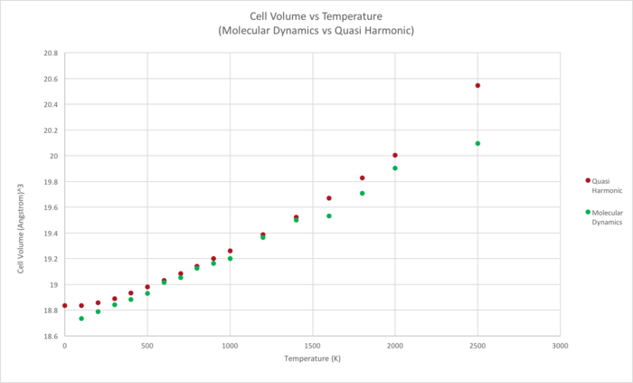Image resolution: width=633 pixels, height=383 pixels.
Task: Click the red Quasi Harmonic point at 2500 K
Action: (x=477, y=86)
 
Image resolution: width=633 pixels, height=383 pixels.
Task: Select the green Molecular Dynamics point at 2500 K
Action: (x=477, y=143)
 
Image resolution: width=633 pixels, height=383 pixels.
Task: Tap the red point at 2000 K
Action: (x=395, y=155)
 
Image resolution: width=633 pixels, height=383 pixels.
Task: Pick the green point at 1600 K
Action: (x=329, y=215)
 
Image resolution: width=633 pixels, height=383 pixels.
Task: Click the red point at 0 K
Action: (x=65, y=305)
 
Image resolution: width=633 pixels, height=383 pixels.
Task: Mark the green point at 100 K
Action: (x=81, y=319)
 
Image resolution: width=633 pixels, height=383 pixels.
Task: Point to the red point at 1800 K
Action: (x=362, y=177)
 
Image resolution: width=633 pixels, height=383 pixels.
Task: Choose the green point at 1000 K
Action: (x=231, y=258)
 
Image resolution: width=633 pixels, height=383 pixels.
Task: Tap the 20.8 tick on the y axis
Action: (x=50, y=53)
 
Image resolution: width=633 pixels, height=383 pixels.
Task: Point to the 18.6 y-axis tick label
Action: (x=50, y=336)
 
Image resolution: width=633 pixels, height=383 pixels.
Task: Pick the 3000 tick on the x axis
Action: (x=560, y=346)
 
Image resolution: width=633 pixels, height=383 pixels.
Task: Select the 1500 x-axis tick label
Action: (x=313, y=346)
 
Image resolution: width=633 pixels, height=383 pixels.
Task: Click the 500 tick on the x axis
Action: (x=147, y=346)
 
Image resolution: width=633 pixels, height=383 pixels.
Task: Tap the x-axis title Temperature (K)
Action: (x=312, y=359)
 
